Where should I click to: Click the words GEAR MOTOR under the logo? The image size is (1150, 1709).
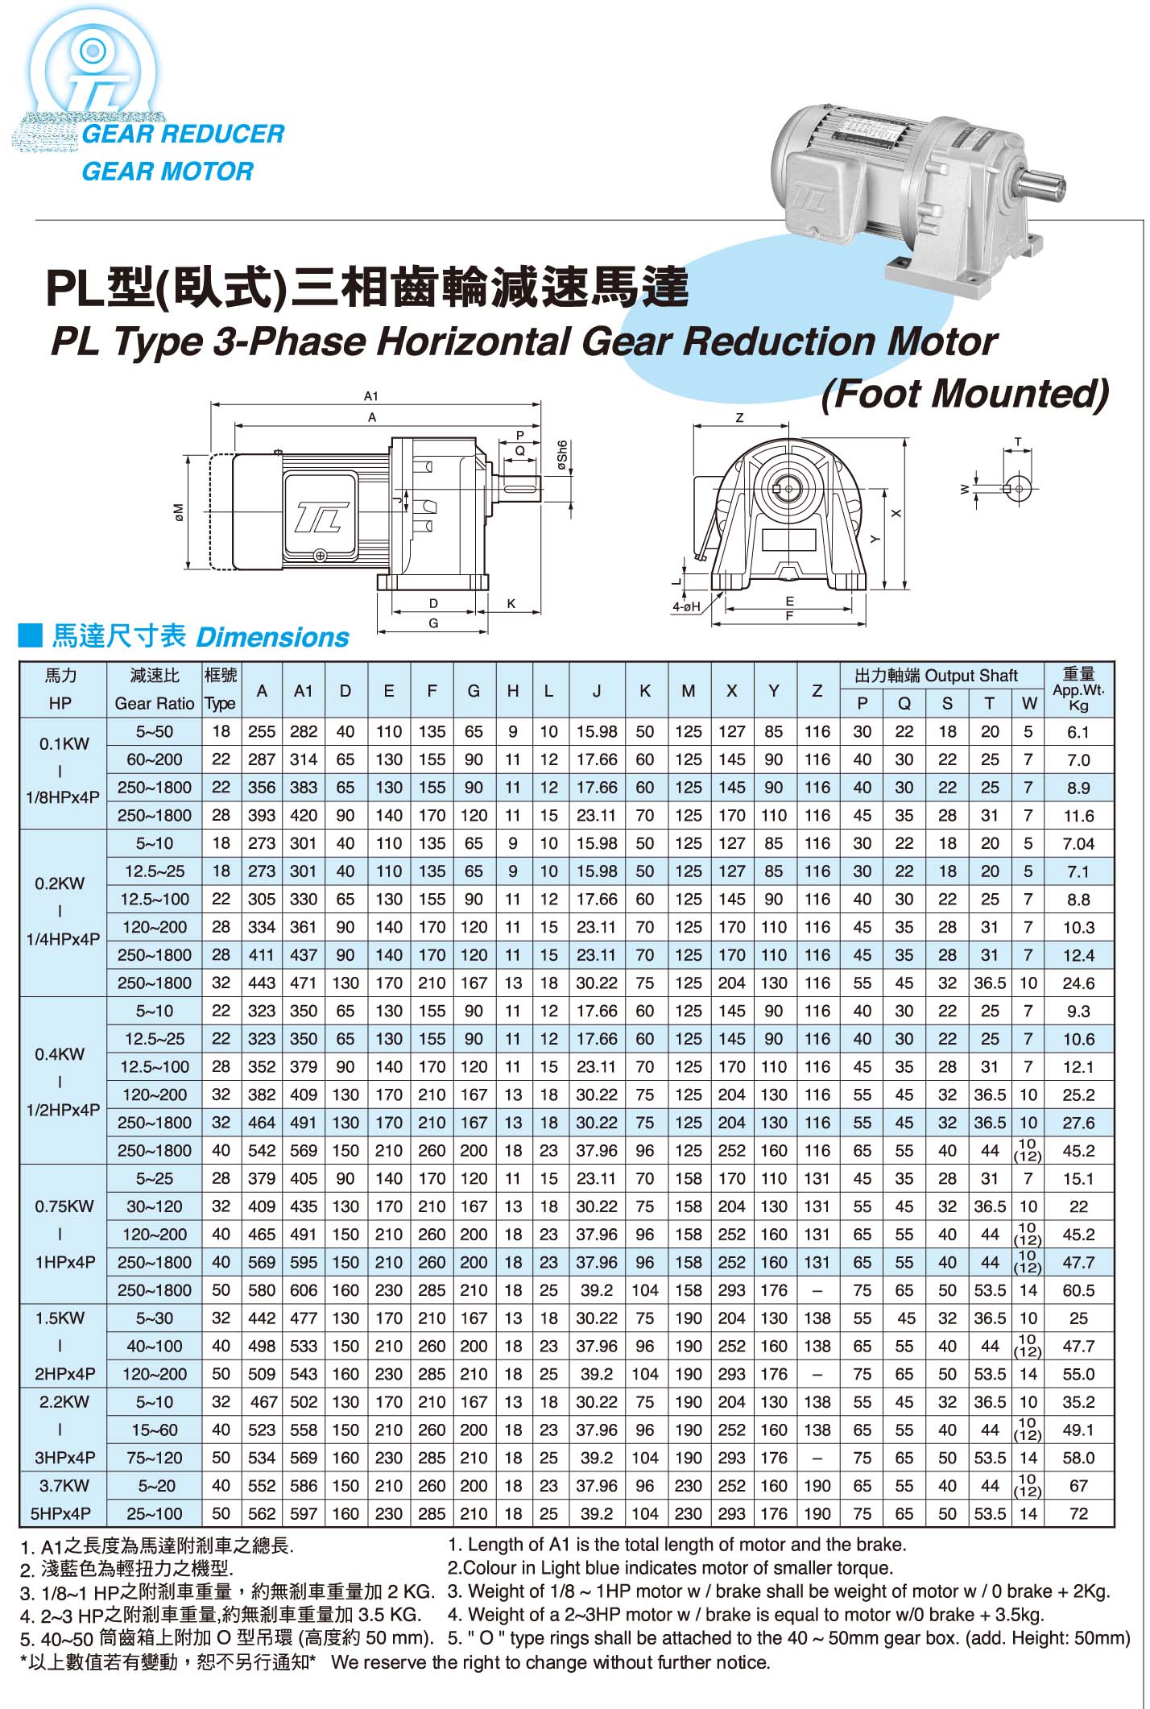[x=167, y=171]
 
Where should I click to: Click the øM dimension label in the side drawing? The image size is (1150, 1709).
[x=179, y=511]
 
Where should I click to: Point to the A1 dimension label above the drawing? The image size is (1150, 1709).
[x=370, y=395]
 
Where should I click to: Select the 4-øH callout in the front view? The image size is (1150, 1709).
[x=687, y=606]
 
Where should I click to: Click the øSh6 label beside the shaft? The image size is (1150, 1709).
[x=562, y=455]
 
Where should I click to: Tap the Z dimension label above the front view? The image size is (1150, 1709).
[x=739, y=417]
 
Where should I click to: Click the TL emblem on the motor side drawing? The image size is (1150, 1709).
[x=321, y=515]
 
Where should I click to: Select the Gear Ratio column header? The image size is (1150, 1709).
[x=155, y=703]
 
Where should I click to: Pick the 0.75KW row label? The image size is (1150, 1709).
[x=64, y=1206]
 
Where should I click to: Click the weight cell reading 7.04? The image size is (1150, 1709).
[x=1078, y=843]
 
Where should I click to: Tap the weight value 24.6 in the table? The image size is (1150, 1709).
[x=1078, y=983]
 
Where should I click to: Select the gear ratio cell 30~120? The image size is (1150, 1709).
[x=155, y=1206]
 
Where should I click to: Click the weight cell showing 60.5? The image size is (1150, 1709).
[x=1078, y=1290]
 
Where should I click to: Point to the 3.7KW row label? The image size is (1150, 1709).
[x=64, y=1485]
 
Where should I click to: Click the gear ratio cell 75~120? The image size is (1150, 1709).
[x=155, y=1458]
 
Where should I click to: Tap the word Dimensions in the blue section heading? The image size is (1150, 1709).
[x=272, y=637]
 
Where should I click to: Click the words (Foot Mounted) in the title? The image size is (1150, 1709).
[x=965, y=394]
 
